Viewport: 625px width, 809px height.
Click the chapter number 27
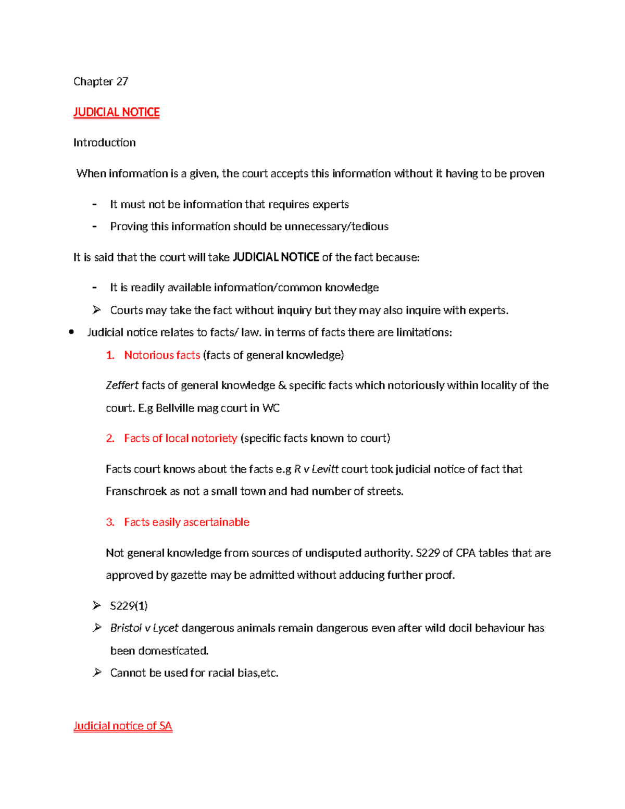click(x=122, y=81)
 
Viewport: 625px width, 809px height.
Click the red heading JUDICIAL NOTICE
click(x=116, y=112)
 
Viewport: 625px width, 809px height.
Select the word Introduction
click(x=104, y=143)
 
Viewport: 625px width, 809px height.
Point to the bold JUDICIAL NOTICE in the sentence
click(x=276, y=257)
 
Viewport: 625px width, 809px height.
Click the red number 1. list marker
click(x=110, y=355)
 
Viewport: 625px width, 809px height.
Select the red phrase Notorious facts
click(x=162, y=355)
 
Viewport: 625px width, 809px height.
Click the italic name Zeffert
click(x=122, y=385)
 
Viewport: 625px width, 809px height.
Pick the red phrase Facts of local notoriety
click(x=180, y=438)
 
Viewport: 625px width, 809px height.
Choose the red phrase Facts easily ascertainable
click(x=186, y=522)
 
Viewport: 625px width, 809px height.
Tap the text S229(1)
click(x=129, y=605)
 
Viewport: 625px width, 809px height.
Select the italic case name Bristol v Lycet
click(x=144, y=628)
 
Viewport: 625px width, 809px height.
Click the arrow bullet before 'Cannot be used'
click(x=96, y=673)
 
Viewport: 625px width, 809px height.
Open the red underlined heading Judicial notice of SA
click(x=122, y=726)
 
